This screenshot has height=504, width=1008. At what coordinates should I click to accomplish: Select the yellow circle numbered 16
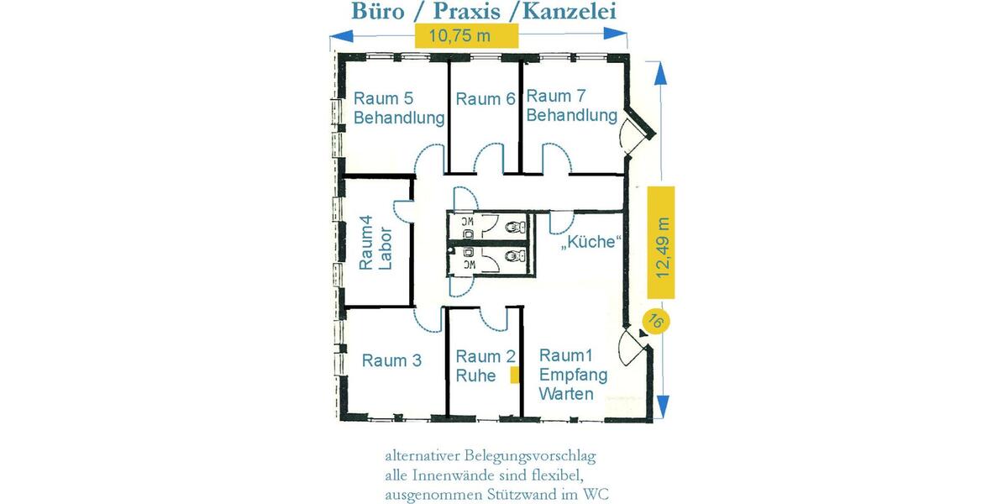(655, 322)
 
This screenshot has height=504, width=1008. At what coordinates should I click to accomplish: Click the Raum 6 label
(485, 99)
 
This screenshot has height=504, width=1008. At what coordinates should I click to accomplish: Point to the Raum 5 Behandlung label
(398, 108)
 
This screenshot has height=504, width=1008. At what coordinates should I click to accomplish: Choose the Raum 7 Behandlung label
(571, 106)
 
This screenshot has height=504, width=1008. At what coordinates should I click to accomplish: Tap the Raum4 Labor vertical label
(375, 243)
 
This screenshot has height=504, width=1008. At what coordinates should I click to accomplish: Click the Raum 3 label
(391, 361)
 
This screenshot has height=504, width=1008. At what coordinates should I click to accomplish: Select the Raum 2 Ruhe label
(478, 366)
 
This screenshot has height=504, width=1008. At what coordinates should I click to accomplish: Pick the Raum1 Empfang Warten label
(569, 374)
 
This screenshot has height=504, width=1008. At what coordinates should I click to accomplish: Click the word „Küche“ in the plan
(591, 244)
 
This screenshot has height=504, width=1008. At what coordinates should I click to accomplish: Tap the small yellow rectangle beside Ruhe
(514, 375)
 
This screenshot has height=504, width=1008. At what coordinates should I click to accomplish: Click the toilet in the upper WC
(514, 225)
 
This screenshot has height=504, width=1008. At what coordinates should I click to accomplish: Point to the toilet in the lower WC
(514, 255)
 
